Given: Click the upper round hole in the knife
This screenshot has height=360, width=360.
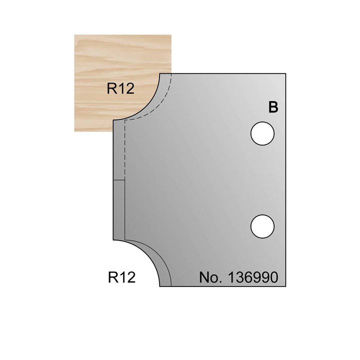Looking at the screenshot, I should click(x=263, y=134).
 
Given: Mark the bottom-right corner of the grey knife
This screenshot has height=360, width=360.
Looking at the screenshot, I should click(x=285, y=287).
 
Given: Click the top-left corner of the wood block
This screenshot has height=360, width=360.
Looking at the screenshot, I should click(x=75, y=34).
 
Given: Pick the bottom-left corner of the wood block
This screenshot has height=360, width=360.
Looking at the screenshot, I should click(x=75, y=131).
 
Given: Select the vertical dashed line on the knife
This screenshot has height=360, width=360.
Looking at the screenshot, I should click(x=124, y=150).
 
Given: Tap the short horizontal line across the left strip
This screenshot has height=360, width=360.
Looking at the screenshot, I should click(x=118, y=180).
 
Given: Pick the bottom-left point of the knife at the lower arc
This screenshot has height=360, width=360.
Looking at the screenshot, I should click(x=160, y=286).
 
